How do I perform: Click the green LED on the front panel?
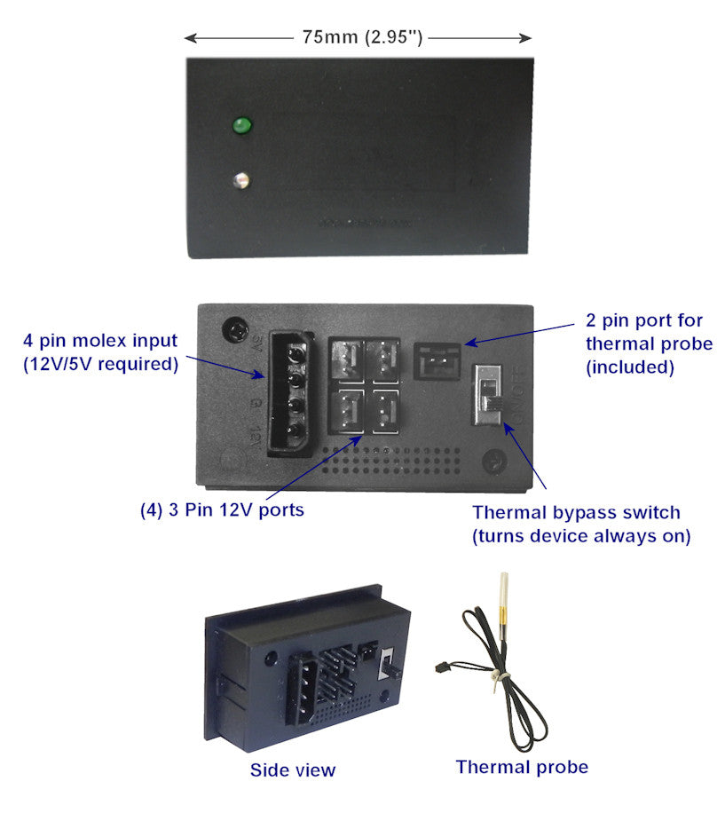(x=240, y=127)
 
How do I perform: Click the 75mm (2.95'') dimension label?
(x=359, y=37)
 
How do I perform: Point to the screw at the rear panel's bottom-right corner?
(x=495, y=462)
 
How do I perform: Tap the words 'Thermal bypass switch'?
(x=576, y=512)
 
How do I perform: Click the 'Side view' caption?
(x=293, y=770)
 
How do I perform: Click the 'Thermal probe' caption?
(x=522, y=766)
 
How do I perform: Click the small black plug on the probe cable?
(x=438, y=667)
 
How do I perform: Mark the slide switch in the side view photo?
(x=388, y=664)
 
